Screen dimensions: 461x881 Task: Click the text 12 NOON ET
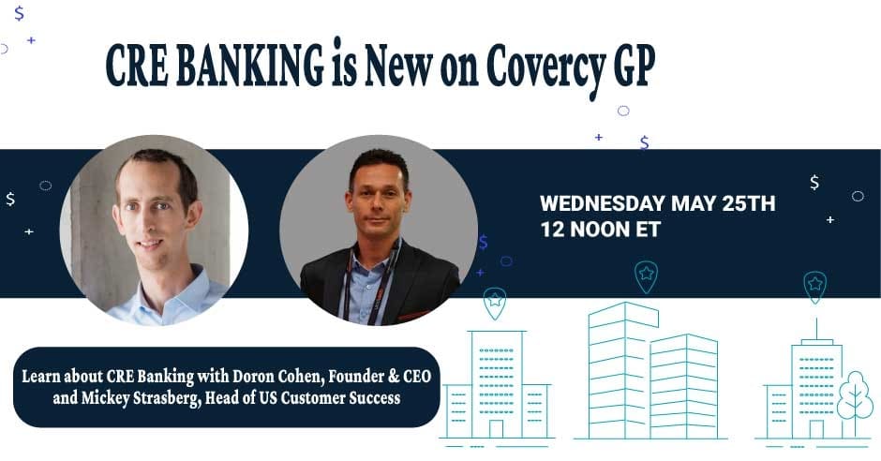[600, 230]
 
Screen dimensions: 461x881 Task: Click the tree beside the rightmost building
[854, 397]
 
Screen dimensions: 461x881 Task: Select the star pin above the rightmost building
[815, 286]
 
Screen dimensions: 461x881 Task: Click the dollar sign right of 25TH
[814, 182]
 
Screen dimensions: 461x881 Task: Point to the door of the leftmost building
[497, 428]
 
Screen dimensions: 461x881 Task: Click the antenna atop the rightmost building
[815, 328]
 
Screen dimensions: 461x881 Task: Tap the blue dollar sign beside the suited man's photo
[483, 243]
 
